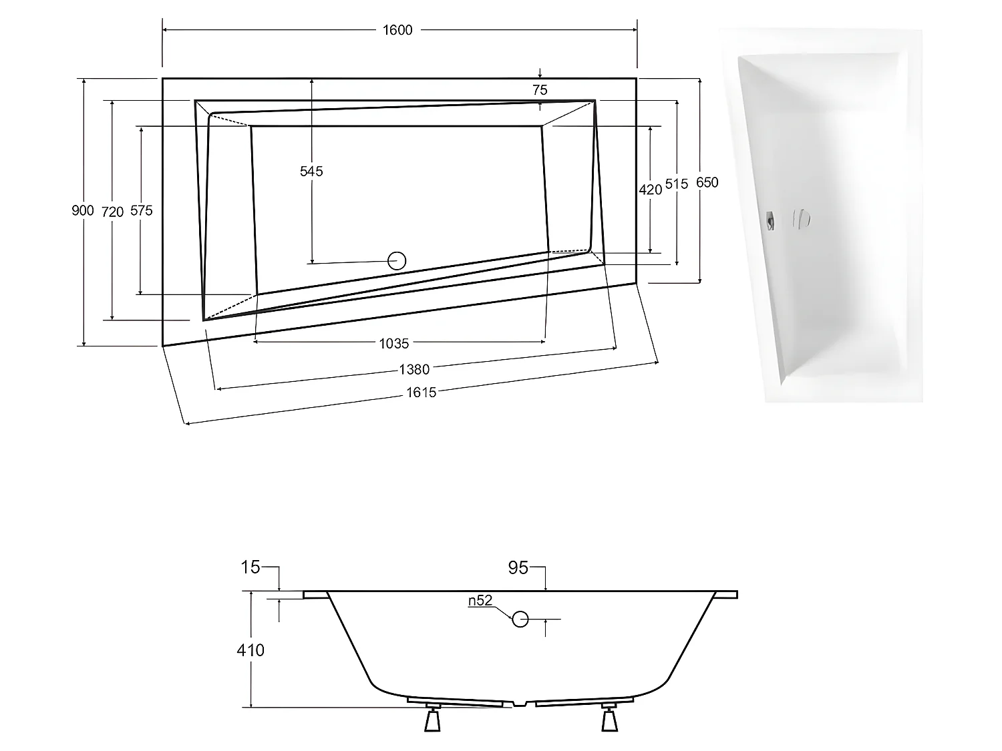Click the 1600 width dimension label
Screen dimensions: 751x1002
pos(397,30)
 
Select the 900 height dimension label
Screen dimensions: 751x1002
pos(83,211)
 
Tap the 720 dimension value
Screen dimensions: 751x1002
pos(112,212)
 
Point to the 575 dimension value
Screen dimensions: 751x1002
pos(141,211)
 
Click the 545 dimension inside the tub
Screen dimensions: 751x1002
pos(311,172)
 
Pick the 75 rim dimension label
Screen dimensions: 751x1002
pos(540,90)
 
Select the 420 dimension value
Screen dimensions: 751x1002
pos(650,190)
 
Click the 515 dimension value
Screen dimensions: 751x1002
pos(677,184)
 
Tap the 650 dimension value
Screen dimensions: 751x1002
pos(707,182)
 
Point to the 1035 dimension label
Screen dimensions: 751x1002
pos(393,343)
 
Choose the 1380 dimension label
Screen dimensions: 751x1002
pos(414,368)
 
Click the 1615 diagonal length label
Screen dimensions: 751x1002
pos(421,393)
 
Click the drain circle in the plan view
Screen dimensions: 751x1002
pos(397,260)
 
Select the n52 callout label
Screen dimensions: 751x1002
pos(480,601)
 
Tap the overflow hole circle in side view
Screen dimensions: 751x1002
pos(520,619)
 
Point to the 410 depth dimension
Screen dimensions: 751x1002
pos(251,650)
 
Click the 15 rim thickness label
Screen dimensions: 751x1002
pos(250,568)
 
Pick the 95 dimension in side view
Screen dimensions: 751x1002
pos(518,568)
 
